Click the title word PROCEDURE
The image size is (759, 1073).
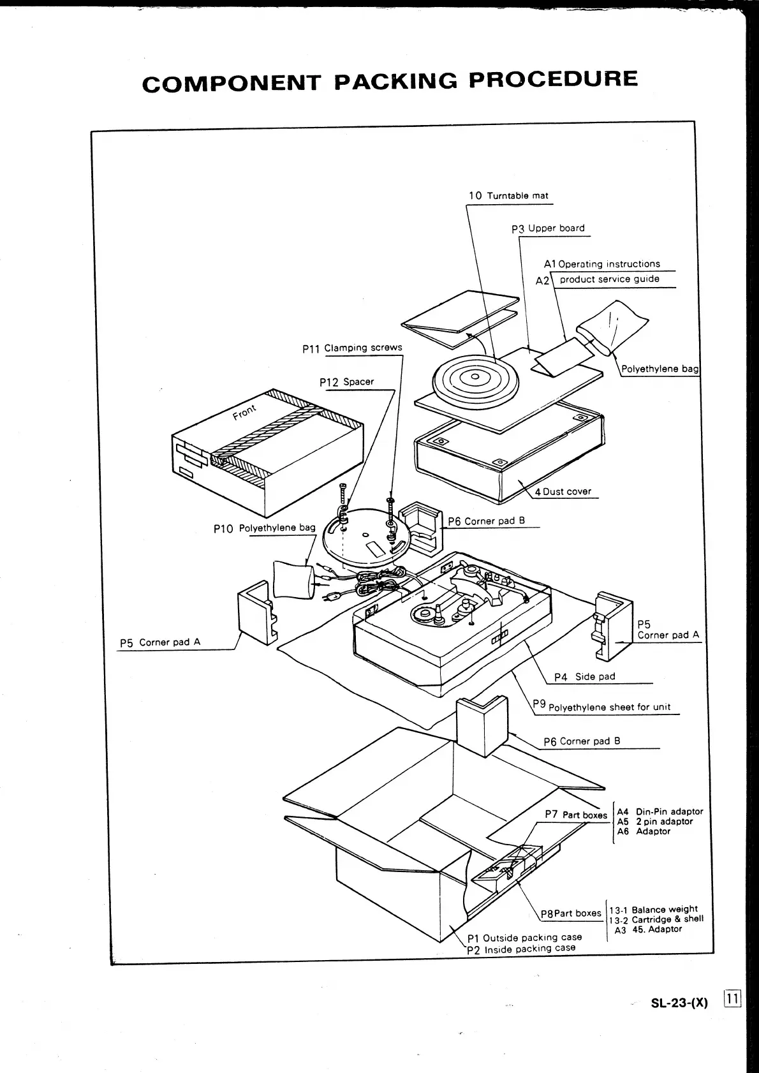tap(552, 79)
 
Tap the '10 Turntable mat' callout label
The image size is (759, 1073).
tap(508, 196)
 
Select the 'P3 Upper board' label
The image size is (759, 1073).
tap(548, 228)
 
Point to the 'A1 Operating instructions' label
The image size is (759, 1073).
tap(602, 264)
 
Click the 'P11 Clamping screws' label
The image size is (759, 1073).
tap(352, 348)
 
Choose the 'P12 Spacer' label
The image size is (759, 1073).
tap(346, 382)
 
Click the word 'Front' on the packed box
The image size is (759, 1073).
tap(244, 412)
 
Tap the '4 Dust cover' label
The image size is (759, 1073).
tap(563, 492)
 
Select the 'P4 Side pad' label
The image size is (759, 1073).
tap(584, 677)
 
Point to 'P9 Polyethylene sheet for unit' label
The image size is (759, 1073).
tap(602, 707)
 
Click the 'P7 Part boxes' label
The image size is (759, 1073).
tap(576, 815)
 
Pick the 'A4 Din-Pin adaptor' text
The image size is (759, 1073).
tap(660, 811)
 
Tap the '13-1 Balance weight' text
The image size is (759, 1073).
tap(653, 910)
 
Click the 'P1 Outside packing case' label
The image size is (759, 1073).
tap(524, 938)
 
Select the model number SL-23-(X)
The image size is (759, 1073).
tap(679, 1002)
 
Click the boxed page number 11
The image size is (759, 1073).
tap(732, 999)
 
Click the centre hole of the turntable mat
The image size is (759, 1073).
tap(474, 376)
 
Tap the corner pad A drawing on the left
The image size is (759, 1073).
tap(258, 612)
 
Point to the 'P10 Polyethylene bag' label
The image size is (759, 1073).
tap(265, 528)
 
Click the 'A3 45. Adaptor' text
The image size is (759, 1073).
tap(648, 929)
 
